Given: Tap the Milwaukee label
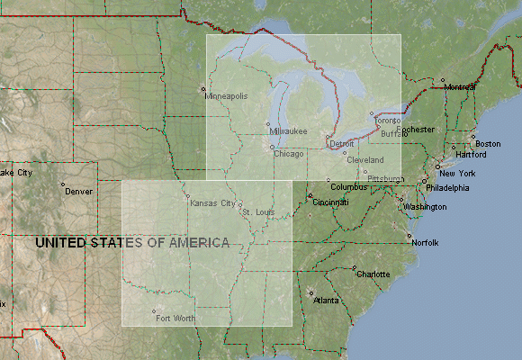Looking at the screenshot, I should tap(288, 131).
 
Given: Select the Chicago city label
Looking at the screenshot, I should tap(289, 154).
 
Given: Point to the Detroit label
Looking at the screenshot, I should tap(342, 144).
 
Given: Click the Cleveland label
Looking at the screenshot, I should tap(365, 160).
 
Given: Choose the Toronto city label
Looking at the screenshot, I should tap(388, 121).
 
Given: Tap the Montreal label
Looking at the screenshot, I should tap(460, 87).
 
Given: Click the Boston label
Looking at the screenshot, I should tap(488, 144).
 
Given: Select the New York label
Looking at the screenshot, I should tap(457, 173).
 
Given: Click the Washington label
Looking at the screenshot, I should tap(425, 207).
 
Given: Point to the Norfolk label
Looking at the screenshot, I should tap(425, 243).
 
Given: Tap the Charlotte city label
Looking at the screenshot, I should tap(373, 274).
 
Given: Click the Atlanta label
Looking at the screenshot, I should tap(326, 301).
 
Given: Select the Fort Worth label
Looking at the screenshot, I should tap(175, 319).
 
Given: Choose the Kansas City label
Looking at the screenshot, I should tap(212, 203).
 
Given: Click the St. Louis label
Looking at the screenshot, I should tap(258, 212).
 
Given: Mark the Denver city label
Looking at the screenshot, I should tap(78, 191).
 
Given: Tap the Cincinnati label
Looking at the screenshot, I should tap(330, 202).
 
